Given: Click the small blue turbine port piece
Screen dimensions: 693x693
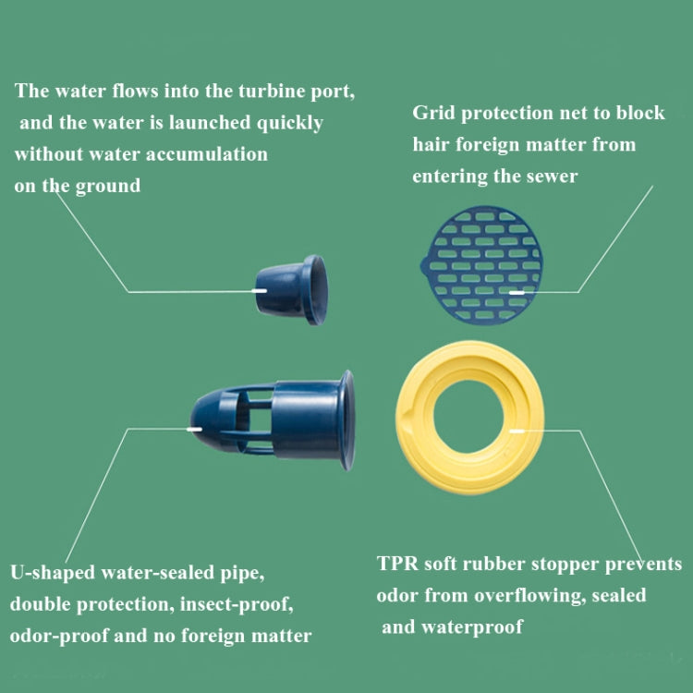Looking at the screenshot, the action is click(292, 290).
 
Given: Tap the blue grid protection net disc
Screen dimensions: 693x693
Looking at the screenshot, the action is click(481, 265).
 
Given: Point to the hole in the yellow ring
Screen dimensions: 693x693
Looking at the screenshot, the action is click(468, 417).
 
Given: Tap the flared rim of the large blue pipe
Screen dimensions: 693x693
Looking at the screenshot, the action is click(346, 420).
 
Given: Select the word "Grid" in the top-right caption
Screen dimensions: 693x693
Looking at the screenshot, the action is click(433, 114).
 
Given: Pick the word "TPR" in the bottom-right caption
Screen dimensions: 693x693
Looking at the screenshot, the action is click(397, 564).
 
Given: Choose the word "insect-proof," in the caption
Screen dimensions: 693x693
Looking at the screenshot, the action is click(237, 604).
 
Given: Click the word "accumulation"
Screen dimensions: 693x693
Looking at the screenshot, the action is click(207, 154).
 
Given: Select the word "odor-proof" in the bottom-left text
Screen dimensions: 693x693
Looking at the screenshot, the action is click(59, 637).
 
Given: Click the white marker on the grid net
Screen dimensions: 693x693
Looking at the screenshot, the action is click(517, 293).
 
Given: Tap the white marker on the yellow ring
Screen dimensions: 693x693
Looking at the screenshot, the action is click(517, 431).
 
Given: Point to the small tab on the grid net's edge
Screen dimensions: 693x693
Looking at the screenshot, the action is click(424, 265).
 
